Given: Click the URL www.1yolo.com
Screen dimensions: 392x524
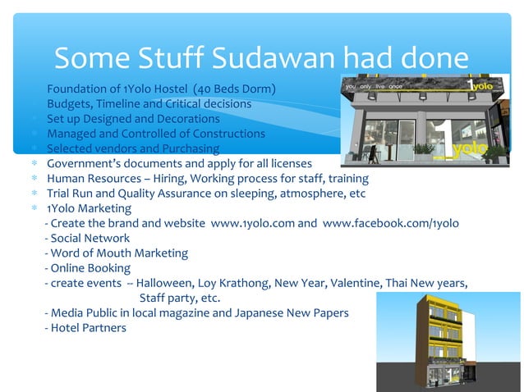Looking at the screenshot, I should click(251, 223).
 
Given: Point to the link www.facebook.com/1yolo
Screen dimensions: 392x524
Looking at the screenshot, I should click(391, 223).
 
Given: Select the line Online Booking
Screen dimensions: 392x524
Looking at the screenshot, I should click(88, 268).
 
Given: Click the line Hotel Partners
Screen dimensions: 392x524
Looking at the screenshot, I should click(86, 328).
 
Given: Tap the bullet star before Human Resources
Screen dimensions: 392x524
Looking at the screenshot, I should click(34, 179).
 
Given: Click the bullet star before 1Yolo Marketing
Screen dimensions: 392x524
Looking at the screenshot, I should click(34, 208).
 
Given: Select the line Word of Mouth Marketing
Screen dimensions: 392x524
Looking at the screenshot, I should click(117, 253).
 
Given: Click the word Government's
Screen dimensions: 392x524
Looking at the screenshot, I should click(83, 164).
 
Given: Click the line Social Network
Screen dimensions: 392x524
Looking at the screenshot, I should click(87, 238).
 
